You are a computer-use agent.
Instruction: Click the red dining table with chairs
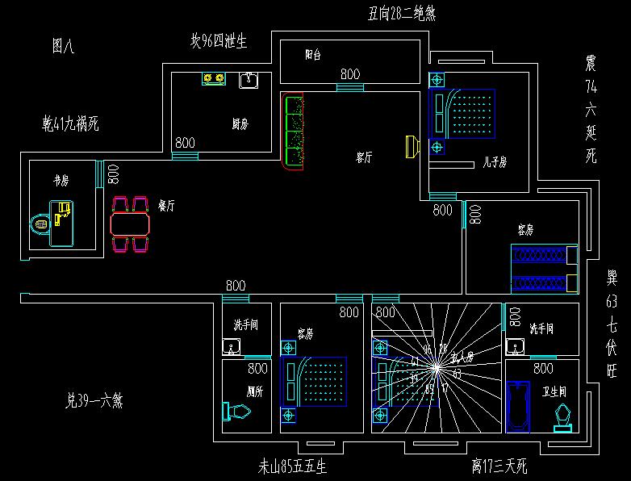130,224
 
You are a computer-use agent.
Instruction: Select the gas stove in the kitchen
213,78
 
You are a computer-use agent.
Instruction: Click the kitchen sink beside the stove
249,80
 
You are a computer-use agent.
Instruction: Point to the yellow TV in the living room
412,147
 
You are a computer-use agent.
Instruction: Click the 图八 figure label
62,47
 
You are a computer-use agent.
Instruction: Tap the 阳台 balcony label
313,55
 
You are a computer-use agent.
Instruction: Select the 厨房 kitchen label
240,124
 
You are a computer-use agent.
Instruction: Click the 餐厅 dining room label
167,206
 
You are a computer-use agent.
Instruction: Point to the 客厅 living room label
364,158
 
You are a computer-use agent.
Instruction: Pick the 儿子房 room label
494,162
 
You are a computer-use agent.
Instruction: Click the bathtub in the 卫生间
516,406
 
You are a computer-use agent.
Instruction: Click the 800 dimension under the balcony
349,74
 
